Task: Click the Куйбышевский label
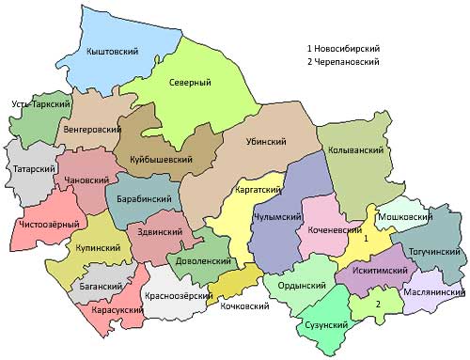tap(162, 161)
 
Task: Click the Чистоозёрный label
tap(48, 224)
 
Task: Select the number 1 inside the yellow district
tap(367, 239)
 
